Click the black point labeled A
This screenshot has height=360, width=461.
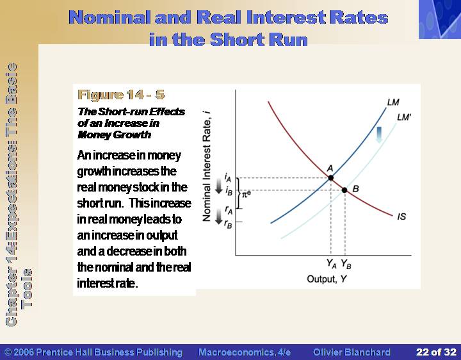point(331,177)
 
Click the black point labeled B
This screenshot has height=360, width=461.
point(344,190)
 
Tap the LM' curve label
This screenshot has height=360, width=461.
point(403,117)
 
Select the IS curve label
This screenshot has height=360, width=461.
point(401,217)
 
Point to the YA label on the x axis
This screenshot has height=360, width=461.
point(332,263)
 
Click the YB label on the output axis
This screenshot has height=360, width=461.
point(346,264)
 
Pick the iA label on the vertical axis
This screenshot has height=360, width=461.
point(228,177)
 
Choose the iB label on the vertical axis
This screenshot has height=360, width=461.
point(229,191)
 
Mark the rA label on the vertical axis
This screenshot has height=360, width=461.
point(229,210)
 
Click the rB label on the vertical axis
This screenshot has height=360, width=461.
point(228,224)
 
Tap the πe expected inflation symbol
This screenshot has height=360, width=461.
point(246,193)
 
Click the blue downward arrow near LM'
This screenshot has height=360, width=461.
point(379,135)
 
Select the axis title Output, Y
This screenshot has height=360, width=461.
point(327,279)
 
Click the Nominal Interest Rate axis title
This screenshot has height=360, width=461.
point(207,166)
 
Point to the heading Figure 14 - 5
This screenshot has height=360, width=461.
point(121,95)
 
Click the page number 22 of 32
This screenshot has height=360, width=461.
point(436,352)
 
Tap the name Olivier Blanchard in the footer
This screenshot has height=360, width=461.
point(352,352)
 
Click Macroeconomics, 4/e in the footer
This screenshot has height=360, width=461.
point(245,352)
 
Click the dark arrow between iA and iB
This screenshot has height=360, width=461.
point(219,186)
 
